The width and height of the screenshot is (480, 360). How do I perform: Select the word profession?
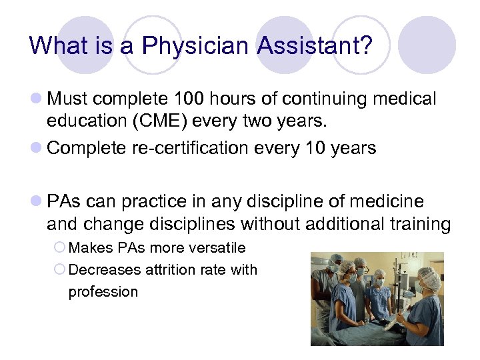click(x=103, y=292)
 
